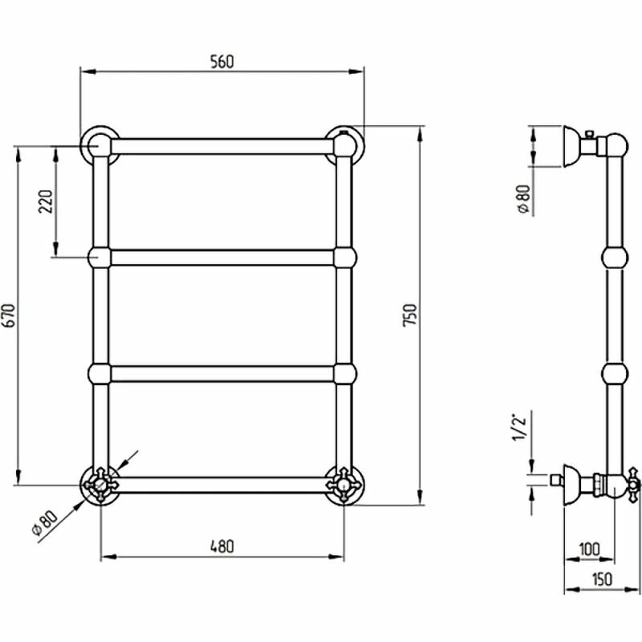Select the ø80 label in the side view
point(523,198)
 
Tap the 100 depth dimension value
point(588,550)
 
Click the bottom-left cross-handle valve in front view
point(100,486)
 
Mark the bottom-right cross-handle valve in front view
point(343,486)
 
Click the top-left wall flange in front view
point(100,145)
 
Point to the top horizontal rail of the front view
point(221,146)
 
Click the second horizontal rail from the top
point(221,257)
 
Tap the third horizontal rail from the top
point(221,373)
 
